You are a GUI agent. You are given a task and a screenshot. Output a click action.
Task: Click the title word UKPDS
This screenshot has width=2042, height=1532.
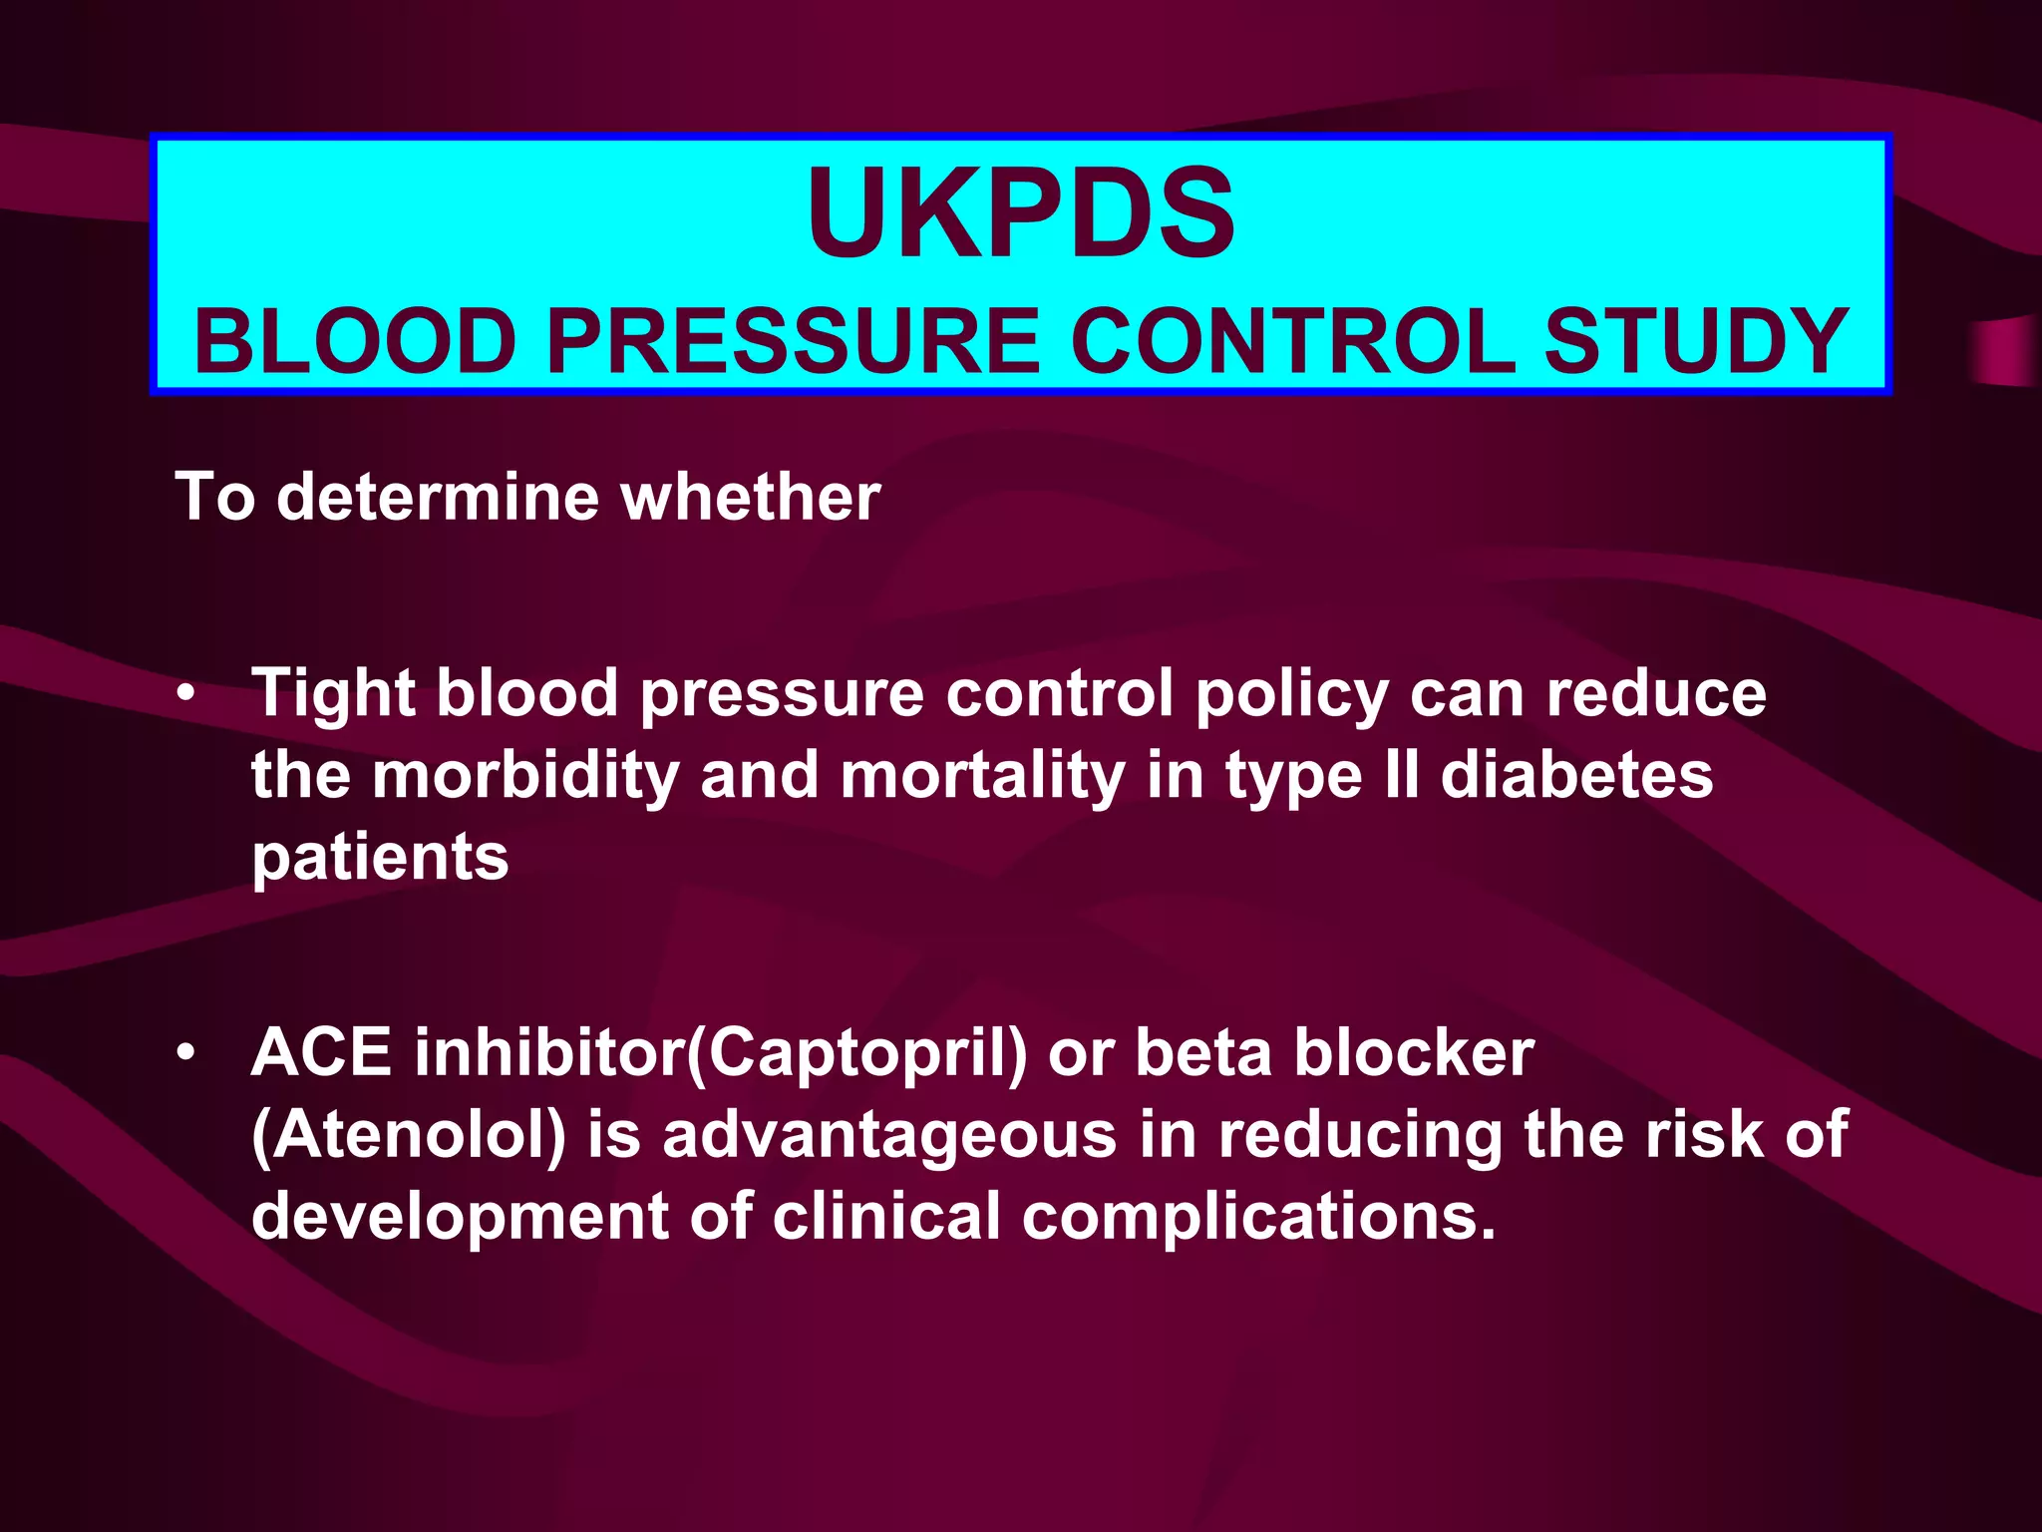1021,213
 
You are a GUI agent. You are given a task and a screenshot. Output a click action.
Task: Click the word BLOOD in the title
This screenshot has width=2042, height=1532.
354,342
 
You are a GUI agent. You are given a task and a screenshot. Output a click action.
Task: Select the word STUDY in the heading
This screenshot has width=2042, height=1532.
1696,342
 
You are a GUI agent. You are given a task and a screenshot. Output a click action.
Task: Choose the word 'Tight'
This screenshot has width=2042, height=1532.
333,694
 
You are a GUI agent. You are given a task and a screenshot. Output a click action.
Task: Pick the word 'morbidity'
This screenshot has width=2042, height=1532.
525,776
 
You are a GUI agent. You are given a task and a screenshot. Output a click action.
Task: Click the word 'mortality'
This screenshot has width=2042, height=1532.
982,776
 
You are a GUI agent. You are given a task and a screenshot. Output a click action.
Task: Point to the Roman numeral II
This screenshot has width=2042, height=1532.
1401,776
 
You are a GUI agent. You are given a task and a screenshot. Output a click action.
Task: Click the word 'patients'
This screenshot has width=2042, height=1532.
380,858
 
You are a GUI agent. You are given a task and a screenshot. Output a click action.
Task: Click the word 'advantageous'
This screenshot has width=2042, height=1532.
889,1136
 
